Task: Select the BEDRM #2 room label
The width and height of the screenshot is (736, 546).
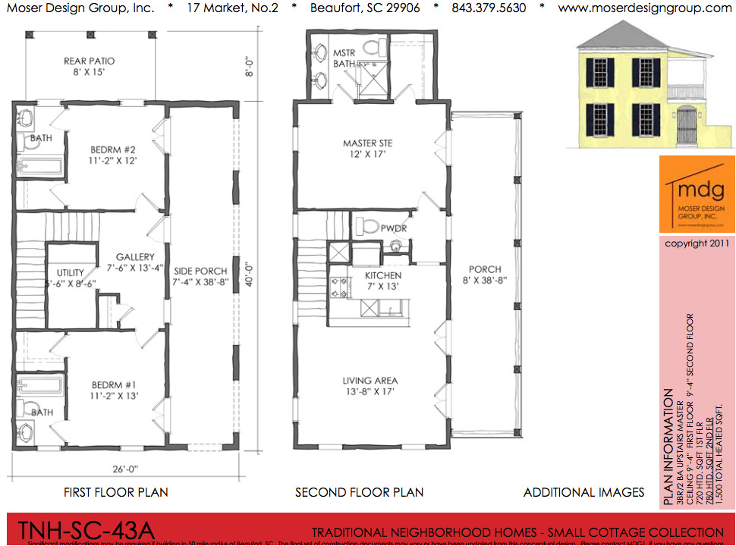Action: [x=112, y=155]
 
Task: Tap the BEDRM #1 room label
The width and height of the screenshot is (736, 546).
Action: [x=112, y=389]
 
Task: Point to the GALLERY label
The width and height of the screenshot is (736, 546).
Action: [x=135, y=262]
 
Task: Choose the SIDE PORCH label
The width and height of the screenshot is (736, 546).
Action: [x=200, y=276]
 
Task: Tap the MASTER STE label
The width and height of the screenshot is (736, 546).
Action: [x=367, y=149]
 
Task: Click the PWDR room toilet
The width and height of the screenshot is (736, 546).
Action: [x=367, y=226]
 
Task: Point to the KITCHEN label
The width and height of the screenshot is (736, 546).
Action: [x=382, y=281]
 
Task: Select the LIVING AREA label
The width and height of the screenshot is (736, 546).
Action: [x=370, y=386]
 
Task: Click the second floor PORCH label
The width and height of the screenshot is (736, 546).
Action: [x=484, y=275]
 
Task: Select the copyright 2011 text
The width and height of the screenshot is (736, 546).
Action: [x=697, y=243]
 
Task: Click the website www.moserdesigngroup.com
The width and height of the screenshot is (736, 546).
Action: [x=644, y=8]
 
